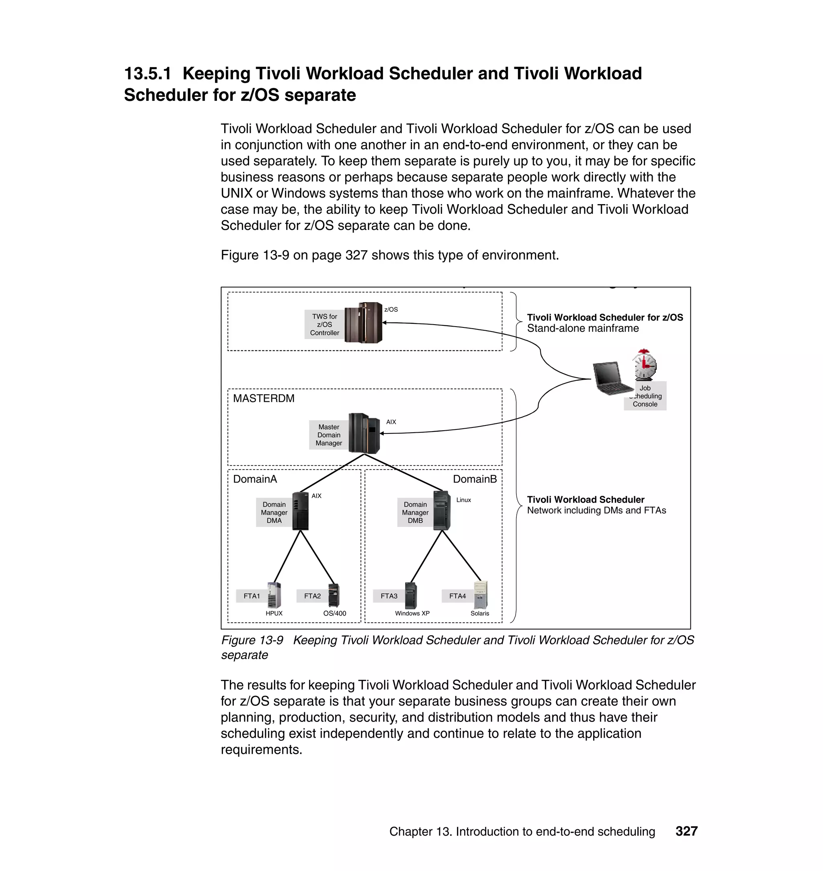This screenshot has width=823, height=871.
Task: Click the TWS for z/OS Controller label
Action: pos(324,325)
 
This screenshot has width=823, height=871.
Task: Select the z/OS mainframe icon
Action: pos(363,322)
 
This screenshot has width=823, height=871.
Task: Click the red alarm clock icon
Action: pos(645,364)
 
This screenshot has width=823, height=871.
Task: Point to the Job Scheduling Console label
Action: pos(645,396)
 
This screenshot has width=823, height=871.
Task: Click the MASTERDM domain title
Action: pos(264,398)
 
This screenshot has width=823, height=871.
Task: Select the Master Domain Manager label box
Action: pos(329,435)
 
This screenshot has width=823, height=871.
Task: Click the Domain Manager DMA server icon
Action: pos(301,511)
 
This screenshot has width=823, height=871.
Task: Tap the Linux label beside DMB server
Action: pos(463,500)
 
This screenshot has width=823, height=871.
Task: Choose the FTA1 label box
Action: pos(252,596)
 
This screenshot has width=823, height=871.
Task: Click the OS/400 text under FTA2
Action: pos(334,613)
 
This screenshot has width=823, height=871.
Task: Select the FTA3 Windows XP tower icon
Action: pos(411,595)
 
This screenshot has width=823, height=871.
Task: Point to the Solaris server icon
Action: pos(481,595)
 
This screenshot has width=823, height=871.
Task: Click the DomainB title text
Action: pos(475,479)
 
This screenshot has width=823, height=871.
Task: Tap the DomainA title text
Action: pos(255,479)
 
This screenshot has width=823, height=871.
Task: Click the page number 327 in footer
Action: pos(686,831)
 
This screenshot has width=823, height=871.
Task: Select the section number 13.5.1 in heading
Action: pos(147,74)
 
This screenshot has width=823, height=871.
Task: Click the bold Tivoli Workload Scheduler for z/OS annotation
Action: pos(604,317)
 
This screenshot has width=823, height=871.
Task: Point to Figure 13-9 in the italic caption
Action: pos(252,640)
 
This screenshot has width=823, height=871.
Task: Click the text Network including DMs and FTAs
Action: pos(596,511)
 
